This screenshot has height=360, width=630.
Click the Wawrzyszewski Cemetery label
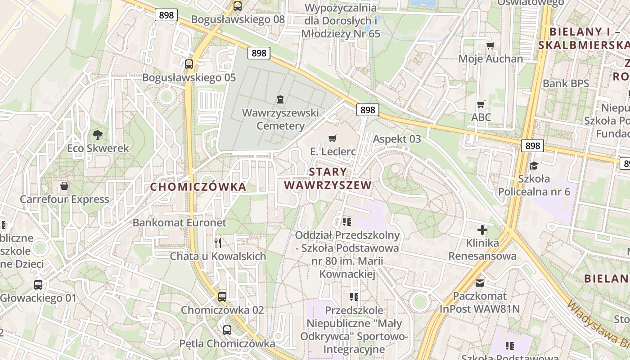[280, 119]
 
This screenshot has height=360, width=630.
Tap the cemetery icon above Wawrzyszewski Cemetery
[280, 99]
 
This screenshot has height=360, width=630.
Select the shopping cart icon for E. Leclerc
[333, 138]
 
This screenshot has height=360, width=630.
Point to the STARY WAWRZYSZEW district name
[328, 179]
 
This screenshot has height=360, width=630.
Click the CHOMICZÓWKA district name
[198, 187]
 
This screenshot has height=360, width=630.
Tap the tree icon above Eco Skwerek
[97, 134]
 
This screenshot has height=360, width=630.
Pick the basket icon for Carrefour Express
[64, 186]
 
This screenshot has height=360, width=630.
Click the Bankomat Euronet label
[179, 223]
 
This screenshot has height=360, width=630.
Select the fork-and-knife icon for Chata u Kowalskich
[218, 243]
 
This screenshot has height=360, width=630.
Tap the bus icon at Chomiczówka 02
[222, 297]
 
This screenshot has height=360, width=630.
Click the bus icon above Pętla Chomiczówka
[227, 330]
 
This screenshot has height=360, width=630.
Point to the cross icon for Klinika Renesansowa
[482, 230]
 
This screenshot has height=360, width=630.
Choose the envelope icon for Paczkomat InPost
[480, 283]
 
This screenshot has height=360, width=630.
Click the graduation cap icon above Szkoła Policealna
[534, 166]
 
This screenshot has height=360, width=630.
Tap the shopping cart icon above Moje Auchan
[490, 45]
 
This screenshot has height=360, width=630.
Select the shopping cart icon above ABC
[481, 104]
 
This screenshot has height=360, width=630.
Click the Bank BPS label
[566, 83]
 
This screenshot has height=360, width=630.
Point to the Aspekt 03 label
[397, 139]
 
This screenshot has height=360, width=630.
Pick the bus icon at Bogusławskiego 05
[189, 64]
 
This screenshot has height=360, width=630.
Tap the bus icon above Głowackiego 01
[38, 284]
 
